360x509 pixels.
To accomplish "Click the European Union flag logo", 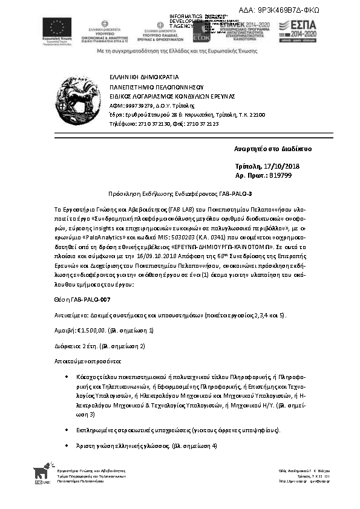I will (x=57, y=28).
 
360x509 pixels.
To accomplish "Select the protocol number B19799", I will (x=281, y=175).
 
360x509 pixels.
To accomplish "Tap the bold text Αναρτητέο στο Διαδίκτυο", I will (x=273, y=149).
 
